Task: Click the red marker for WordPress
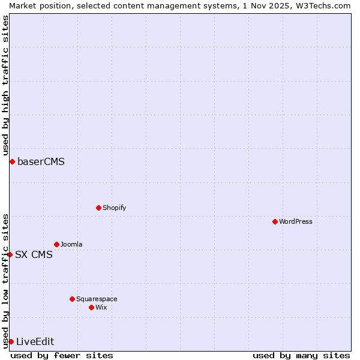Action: coord(275,221)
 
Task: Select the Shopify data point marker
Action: coord(98,208)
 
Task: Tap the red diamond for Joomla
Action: coord(56,244)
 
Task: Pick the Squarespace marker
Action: coord(72,299)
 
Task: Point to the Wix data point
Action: coord(91,307)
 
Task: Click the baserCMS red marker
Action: coord(12,161)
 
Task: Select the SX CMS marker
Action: coord(10,254)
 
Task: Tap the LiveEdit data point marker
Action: coord(11,341)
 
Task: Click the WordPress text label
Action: coord(296,221)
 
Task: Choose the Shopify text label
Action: coord(114,208)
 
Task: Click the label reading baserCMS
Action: coord(41,161)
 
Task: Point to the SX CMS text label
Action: coord(34,254)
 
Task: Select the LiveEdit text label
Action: coord(35,341)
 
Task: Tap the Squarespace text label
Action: coord(97,299)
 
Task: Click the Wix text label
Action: coord(101,307)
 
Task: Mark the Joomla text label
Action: coord(71,244)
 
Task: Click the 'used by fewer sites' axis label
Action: coord(62,355)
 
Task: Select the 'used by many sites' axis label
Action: coord(301,355)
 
